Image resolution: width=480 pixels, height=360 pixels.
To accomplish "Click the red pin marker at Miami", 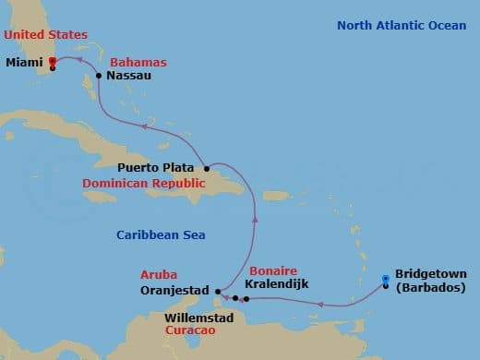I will click(x=53, y=63).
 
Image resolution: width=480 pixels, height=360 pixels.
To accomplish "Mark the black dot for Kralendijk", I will click(x=246, y=299).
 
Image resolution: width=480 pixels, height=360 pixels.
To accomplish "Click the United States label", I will click(x=45, y=34).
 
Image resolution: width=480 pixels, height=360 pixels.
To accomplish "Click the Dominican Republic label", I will click(x=141, y=184).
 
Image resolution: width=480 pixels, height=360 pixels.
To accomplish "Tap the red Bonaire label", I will click(x=272, y=270).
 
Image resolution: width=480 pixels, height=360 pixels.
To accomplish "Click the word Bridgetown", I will click(x=430, y=274).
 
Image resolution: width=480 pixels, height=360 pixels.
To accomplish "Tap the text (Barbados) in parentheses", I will click(x=430, y=288).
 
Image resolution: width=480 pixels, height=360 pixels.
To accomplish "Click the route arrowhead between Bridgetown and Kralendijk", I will click(x=319, y=303).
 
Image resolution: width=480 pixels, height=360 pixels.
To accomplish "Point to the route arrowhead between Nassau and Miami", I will click(x=79, y=58).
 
